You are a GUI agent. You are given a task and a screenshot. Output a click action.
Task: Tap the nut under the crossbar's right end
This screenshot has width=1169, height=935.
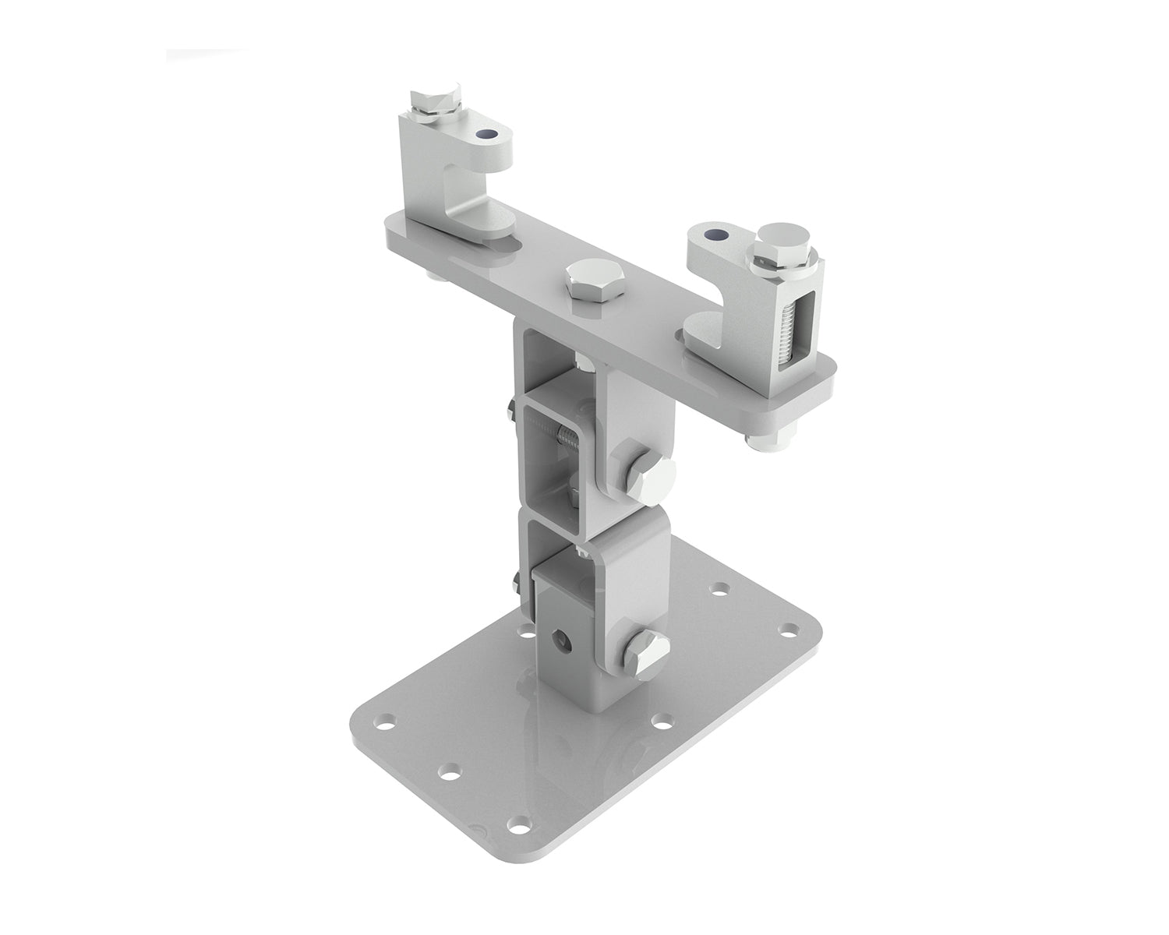coord(759,441)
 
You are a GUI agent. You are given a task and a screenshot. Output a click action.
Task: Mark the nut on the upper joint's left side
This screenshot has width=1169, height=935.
coord(509,410)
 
